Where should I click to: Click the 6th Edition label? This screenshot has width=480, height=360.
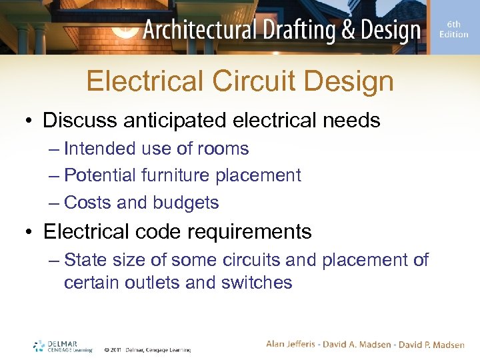[x=453, y=29]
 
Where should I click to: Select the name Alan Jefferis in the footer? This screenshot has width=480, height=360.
[x=293, y=345]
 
